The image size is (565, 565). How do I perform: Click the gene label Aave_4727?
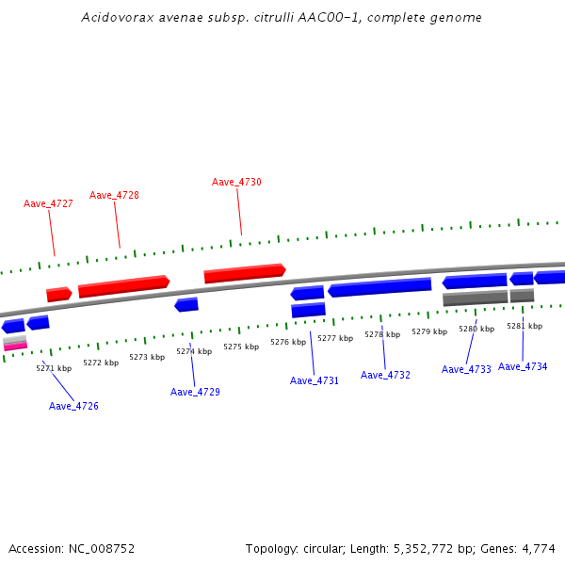(48, 203)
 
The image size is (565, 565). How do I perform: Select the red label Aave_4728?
(114, 195)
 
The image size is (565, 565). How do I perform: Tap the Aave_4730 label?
(236, 182)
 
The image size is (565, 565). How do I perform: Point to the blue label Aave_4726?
(73, 406)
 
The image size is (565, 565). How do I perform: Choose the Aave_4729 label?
(195, 392)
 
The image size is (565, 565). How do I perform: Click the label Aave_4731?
(315, 380)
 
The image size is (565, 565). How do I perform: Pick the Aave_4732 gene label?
(385, 375)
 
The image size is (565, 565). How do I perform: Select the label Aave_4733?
(466, 369)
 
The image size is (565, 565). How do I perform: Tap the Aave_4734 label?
(523, 366)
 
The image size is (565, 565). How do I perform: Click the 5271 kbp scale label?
(54, 368)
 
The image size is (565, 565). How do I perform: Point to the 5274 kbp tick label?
(194, 351)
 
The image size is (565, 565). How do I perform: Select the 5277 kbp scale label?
(335, 338)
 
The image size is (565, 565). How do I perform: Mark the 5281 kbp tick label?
(525, 326)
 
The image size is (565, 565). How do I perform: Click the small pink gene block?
(15, 346)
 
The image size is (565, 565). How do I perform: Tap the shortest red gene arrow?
(58, 295)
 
